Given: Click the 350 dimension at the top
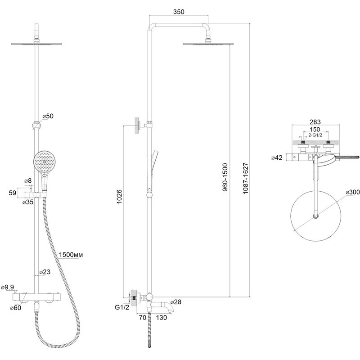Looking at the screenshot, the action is (179, 12).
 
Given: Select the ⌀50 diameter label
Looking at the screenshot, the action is (48, 116).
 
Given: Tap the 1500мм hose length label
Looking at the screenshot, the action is (71, 255).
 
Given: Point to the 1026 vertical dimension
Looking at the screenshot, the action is (120, 197).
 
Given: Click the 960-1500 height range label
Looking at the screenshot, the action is (225, 177).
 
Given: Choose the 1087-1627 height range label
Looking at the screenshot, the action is (245, 178).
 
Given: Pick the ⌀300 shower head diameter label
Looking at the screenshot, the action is (353, 192).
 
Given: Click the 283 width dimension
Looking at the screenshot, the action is (315, 122).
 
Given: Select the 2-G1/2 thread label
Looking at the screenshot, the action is (315, 135).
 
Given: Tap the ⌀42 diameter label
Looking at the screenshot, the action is (277, 158).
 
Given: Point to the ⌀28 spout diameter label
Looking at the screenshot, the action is (176, 302).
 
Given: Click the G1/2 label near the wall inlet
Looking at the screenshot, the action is (122, 307).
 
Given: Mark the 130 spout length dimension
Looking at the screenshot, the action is (162, 318).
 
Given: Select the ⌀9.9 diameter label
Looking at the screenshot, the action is (7, 287).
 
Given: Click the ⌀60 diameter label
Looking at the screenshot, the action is (16, 308).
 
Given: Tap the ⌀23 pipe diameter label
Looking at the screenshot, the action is (45, 272).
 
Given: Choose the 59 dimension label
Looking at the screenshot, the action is (13, 193).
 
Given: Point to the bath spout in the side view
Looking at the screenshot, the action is (162, 306).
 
